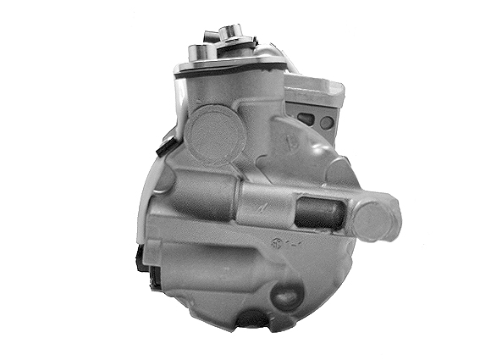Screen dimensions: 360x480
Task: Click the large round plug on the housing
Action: pyautogui.click(x=214, y=134)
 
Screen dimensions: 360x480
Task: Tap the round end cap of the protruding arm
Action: pyautogui.click(x=377, y=219)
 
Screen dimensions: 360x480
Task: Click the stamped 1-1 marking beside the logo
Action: pyautogui.click(x=296, y=248)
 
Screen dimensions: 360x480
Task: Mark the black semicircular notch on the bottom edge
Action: pyautogui.click(x=253, y=323)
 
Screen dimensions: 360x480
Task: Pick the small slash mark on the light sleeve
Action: pyautogui.click(x=268, y=205)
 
